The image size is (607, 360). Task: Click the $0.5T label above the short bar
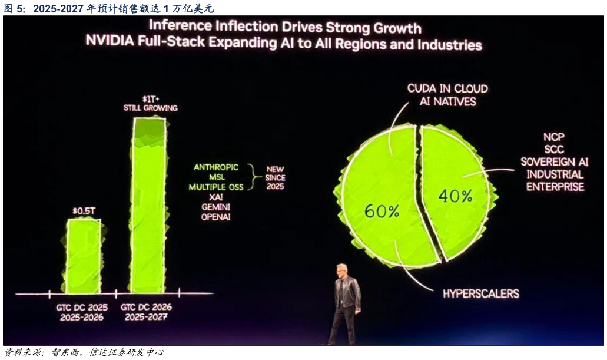[x=83, y=210]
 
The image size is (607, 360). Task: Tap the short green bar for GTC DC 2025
[x=83, y=256]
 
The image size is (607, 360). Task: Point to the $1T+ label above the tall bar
[x=150, y=98]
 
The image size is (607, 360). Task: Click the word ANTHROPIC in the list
[x=216, y=167]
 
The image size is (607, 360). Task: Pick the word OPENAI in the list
[x=216, y=217]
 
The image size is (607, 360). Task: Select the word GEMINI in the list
[x=216, y=207]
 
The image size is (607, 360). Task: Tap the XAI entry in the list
[x=216, y=197]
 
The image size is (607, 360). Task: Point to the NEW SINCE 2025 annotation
[x=275, y=177]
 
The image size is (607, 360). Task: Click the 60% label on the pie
[x=382, y=211]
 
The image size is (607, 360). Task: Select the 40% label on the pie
[x=455, y=196]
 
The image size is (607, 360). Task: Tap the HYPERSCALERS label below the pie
[x=481, y=293]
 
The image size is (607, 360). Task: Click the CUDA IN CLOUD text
[x=447, y=88]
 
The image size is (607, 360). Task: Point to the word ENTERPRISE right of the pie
[x=555, y=187]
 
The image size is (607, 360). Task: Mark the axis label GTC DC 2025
[x=81, y=307]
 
